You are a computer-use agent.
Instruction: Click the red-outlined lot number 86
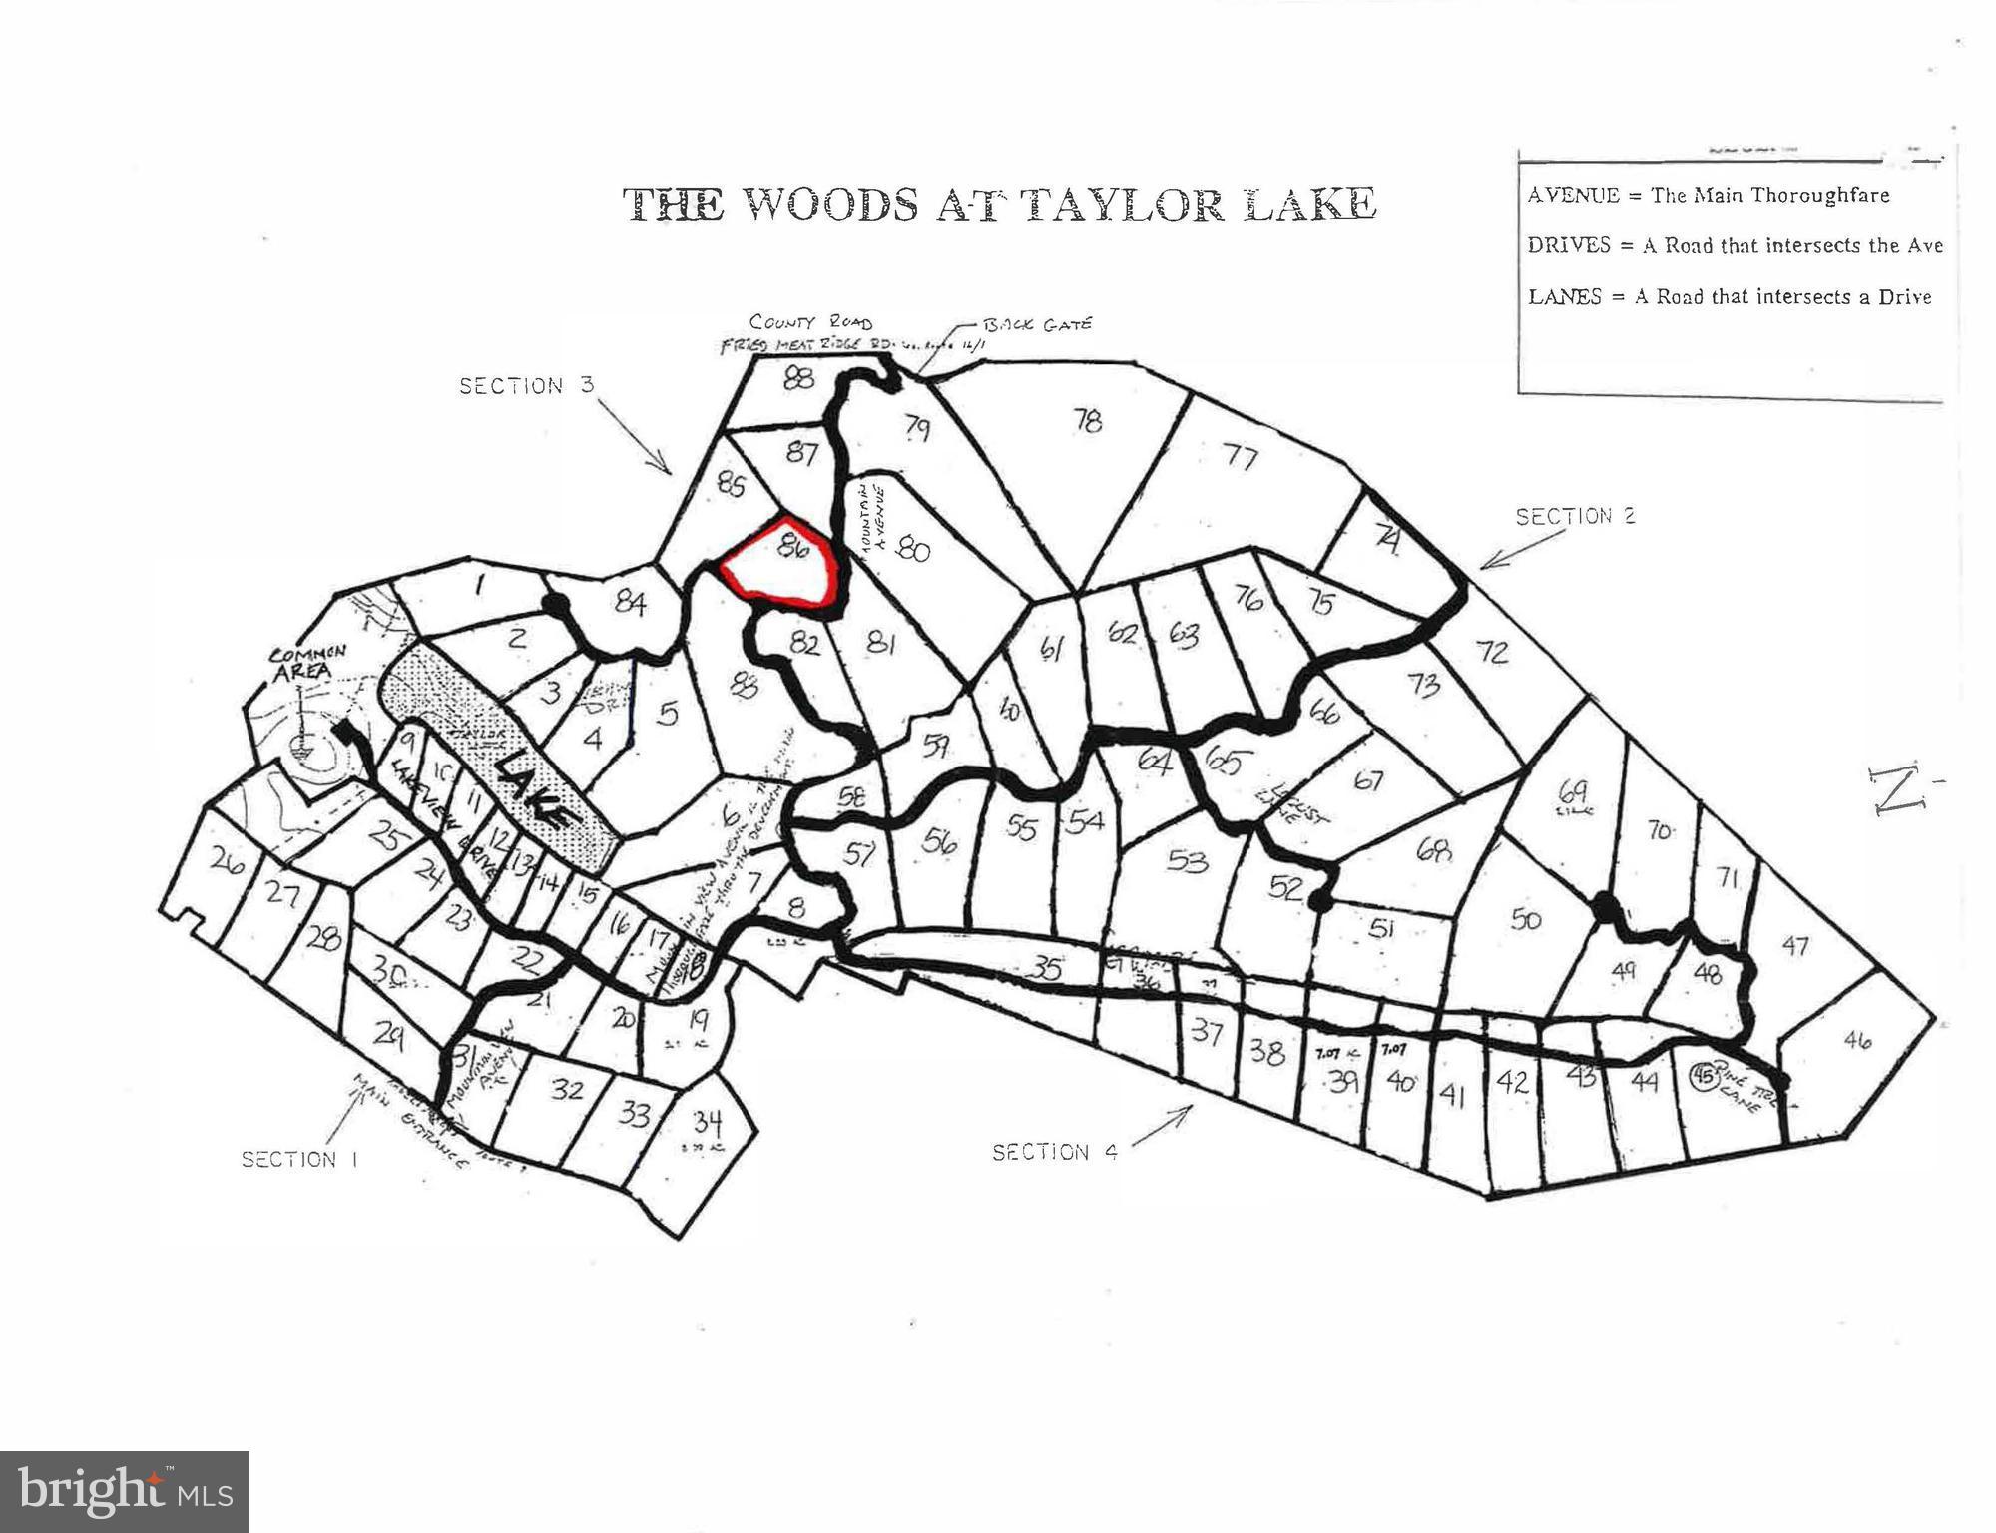coord(793,548)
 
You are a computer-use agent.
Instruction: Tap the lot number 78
coord(1087,421)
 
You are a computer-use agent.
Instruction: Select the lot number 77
coord(1241,458)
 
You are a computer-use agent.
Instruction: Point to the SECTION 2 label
coord(1575,516)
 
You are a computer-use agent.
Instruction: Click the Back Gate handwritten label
coord(1037,324)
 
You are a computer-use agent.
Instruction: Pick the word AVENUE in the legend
coord(1573,195)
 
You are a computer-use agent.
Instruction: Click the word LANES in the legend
coord(1565,297)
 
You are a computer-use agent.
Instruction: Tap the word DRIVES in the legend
coord(1569,246)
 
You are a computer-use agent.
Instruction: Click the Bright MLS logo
coord(125,1491)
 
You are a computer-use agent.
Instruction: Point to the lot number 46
coord(1856,1040)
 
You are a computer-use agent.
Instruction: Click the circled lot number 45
coord(1702,1075)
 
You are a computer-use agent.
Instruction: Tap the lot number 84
coord(630,603)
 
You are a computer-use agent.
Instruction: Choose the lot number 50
coord(1525,919)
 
